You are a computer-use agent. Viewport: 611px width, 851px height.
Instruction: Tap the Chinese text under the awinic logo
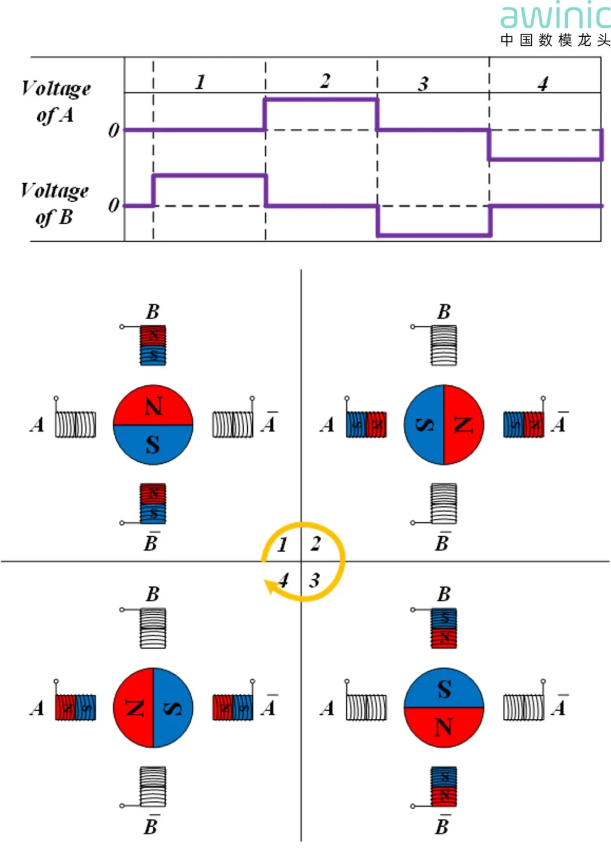click(555, 40)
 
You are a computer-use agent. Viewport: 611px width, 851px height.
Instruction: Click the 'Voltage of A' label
click(55, 101)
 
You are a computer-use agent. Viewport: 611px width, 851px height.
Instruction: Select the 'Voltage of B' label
click(54, 203)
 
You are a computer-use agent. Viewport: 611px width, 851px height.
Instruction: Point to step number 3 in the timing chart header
click(423, 84)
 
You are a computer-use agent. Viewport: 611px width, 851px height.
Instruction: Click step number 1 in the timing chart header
click(200, 82)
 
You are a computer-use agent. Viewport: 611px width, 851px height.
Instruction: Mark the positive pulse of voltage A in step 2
click(321, 100)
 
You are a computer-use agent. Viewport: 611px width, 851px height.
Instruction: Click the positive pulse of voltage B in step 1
click(209, 175)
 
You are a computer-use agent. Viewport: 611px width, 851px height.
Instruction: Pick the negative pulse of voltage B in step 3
click(434, 235)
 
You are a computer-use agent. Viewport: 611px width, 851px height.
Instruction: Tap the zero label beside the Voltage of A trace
click(114, 131)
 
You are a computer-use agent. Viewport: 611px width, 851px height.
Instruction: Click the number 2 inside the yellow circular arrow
click(316, 544)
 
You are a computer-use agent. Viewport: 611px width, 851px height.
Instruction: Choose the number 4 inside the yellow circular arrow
click(283, 580)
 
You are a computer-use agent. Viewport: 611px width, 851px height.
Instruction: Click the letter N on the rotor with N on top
click(153, 406)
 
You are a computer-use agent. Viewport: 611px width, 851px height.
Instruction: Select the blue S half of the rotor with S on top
click(444, 688)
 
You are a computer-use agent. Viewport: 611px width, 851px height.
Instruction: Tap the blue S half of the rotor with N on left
click(173, 707)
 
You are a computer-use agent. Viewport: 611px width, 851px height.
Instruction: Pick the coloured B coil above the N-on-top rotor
click(153, 345)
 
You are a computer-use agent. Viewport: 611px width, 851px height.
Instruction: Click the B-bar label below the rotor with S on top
click(442, 826)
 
